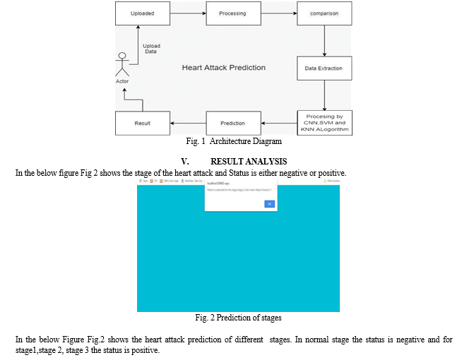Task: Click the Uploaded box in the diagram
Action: (x=143, y=13)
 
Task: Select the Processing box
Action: (x=232, y=13)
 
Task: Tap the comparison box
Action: (x=324, y=13)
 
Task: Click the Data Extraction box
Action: (x=324, y=68)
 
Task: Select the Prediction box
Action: (x=232, y=123)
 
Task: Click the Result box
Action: (x=143, y=123)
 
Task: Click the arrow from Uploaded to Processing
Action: (x=187, y=13)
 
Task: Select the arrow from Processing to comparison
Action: (x=278, y=13)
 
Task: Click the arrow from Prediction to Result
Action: (x=187, y=123)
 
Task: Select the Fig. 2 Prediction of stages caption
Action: (x=238, y=317)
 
